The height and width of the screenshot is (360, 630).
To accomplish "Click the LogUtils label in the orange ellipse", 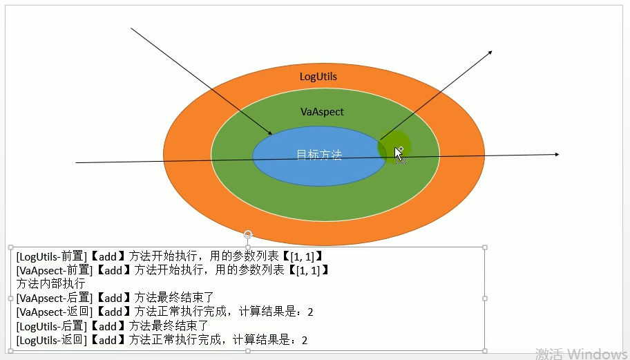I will [318, 76].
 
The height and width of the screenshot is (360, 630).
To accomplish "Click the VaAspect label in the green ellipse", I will [322, 111].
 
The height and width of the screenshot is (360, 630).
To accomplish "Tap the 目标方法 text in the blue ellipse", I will [319, 155].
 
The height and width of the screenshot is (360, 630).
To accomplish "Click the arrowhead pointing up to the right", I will [489, 53].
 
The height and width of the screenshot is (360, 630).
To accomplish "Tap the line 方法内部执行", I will [50, 284].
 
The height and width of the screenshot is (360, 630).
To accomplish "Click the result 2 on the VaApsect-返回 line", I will [310, 312].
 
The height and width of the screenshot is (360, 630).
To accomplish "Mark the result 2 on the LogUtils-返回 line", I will [304, 340].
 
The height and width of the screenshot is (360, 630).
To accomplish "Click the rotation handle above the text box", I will [248, 235].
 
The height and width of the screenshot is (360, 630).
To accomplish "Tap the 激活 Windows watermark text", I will [581, 353].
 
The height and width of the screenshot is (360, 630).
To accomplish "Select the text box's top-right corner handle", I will [484, 247].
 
